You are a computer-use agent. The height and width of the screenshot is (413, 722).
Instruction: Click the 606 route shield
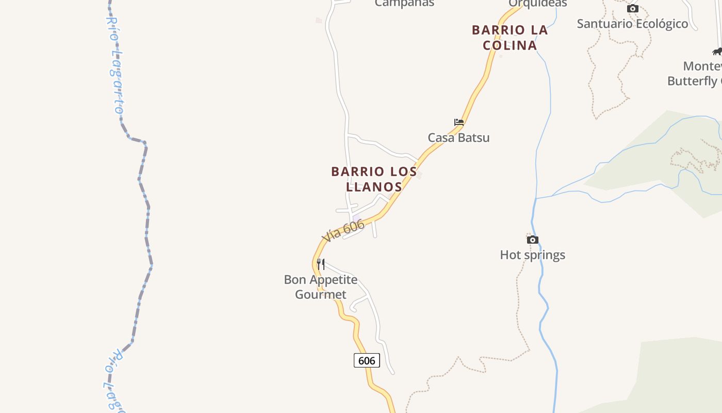367,360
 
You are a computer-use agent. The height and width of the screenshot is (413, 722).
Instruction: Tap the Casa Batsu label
458,138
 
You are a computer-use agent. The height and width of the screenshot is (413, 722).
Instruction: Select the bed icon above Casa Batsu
459,122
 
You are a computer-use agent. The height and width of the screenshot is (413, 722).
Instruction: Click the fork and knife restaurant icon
321,264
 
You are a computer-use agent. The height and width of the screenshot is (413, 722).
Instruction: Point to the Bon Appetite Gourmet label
321,287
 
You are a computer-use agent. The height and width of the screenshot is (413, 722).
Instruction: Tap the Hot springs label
532,255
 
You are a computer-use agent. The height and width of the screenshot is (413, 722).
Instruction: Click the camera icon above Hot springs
533,240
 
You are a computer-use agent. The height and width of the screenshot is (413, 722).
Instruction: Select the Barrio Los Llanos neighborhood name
374,179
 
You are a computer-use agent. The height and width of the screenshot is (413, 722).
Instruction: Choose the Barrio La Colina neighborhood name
510,38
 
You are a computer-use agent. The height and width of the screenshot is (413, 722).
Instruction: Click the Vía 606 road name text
343,230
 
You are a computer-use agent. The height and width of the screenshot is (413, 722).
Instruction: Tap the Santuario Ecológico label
632,24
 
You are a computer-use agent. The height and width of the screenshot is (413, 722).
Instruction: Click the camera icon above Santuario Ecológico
633,8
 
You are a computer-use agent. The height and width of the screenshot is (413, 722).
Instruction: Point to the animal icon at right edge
717,51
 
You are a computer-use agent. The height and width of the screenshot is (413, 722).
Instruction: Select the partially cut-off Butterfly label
694,81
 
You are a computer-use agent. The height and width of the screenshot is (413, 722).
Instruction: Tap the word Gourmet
321,295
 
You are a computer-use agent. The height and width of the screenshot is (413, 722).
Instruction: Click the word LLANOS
374,186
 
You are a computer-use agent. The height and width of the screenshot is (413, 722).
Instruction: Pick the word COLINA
510,45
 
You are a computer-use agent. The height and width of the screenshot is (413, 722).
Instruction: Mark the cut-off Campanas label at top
404,3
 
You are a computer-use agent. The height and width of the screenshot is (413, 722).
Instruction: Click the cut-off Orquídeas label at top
538,3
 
